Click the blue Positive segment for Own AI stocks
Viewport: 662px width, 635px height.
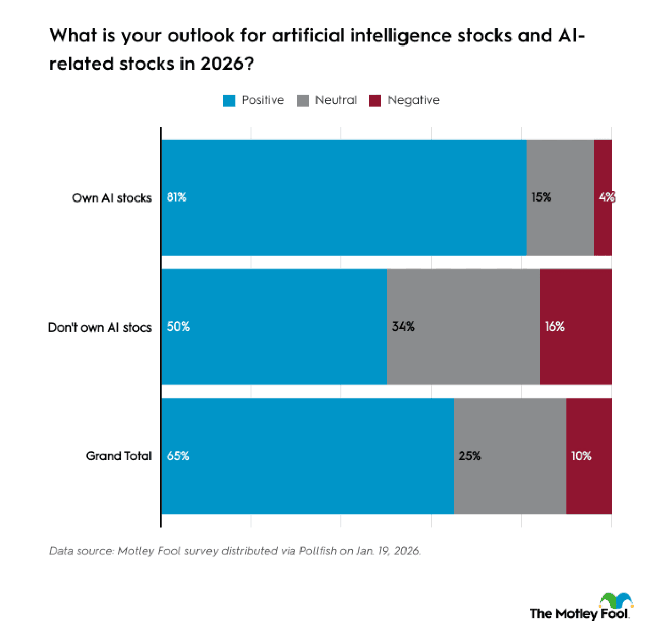344,197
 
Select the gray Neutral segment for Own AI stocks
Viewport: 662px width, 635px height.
560,197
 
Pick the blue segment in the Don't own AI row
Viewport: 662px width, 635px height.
274,327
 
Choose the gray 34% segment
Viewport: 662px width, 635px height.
463,327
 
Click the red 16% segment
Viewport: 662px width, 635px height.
576,327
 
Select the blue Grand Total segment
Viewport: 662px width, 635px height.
308,456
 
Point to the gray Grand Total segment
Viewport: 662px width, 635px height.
510,456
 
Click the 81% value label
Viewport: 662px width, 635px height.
176,197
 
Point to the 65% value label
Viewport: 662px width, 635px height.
178,456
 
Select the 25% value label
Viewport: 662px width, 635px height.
470,456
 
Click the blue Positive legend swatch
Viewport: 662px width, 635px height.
229,100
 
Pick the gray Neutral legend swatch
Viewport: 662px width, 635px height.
303,100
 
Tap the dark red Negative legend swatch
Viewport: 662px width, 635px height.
375,100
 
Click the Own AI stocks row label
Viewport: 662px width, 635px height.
112,198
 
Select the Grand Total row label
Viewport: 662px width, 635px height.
118,456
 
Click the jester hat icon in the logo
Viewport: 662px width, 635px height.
616,600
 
